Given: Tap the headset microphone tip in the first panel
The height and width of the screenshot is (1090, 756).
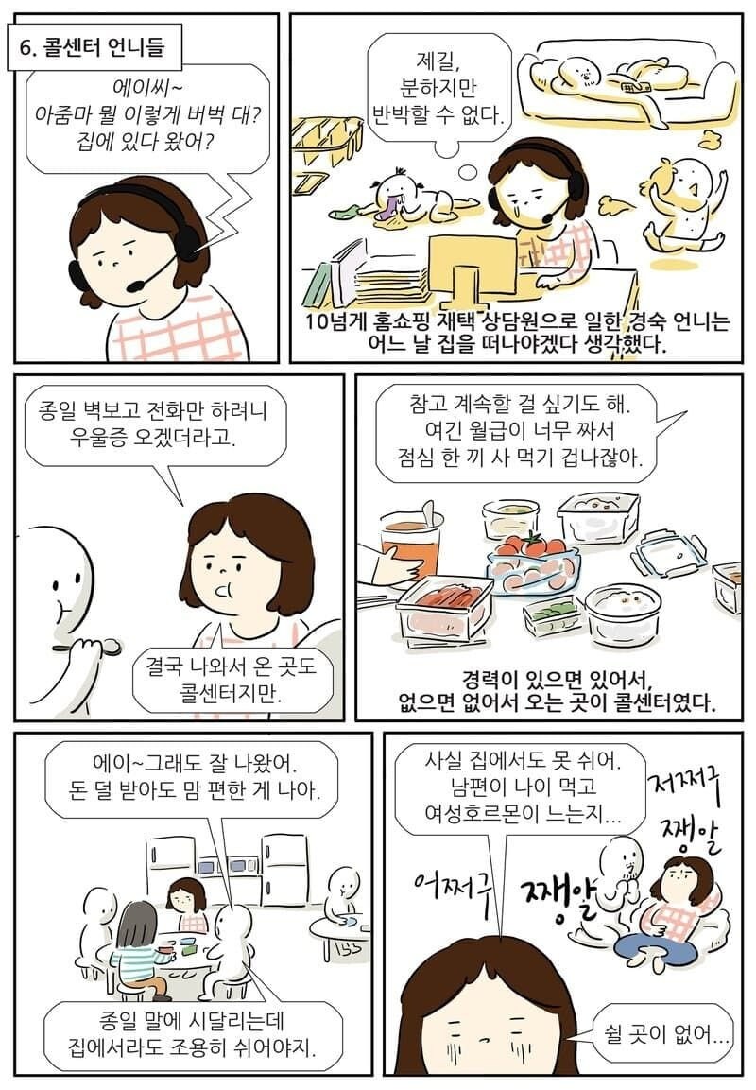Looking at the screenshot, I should click(x=134, y=284).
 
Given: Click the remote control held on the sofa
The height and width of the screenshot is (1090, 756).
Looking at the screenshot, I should click(x=632, y=86).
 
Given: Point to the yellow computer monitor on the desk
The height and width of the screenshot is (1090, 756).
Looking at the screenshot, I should click(x=472, y=260).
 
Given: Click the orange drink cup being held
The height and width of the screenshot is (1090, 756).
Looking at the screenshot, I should click(x=411, y=548).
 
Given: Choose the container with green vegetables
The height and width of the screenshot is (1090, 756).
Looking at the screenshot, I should click(x=552, y=614).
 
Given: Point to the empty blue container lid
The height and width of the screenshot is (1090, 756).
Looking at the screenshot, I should click(x=669, y=552).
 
